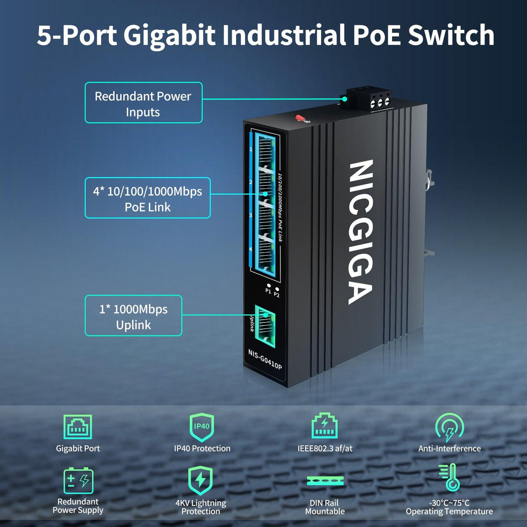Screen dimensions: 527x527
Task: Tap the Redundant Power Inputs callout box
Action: pyautogui.click(x=143, y=103)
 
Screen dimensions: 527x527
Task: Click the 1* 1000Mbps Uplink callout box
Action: pyautogui.click(x=133, y=316)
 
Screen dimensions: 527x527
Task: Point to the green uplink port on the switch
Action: pyautogui.click(x=265, y=326)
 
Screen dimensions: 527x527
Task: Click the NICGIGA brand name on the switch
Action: pyautogui.click(x=360, y=232)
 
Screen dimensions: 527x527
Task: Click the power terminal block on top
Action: pyautogui.click(x=369, y=99)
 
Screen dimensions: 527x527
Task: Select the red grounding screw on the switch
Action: pyautogui.click(x=300, y=118)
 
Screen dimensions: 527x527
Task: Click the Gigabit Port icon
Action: pyautogui.click(x=78, y=427)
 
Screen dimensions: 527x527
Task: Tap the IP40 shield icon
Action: pyautogui.click(x=202, y=427)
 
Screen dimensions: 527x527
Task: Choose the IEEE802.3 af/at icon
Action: pyautogui.click(x=325, y=426)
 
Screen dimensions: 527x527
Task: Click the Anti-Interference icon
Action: pyautogui.click(x=449, y=427)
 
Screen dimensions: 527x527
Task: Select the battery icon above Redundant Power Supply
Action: pyautogui.click(x=79, y=481)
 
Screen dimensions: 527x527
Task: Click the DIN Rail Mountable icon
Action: pyautogui.click(x=325, y=481)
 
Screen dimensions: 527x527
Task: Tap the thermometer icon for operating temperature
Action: pyautogui.click(x=450, y=478)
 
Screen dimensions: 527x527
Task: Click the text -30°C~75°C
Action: pyautogui.click(x=449, y=503)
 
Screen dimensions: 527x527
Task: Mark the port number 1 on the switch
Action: pyautogui.click(x=251, y=149)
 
